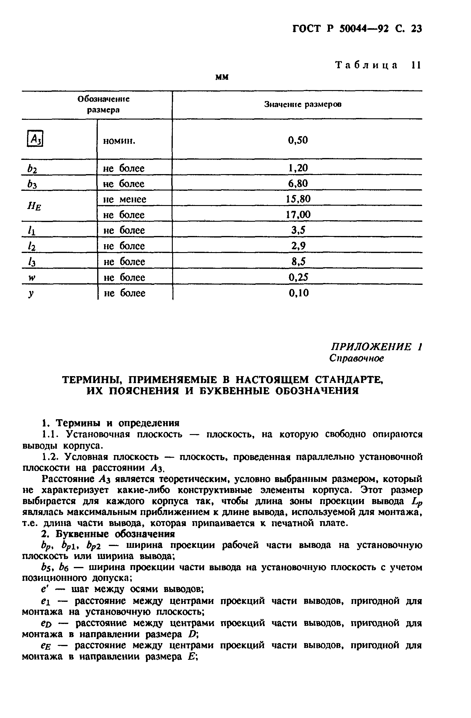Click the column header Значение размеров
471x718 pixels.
[x=302, y=104]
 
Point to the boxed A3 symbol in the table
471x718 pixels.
[x=35, y=139]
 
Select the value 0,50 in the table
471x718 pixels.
[x=298, y=140]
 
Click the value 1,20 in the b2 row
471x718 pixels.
[x=298, y=168]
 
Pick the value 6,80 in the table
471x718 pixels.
[x=298, y=184]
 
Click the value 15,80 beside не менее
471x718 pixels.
[x=298, y=199]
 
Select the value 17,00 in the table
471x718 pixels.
[x=298, y=215]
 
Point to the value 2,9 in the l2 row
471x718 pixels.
[x=298, y=246]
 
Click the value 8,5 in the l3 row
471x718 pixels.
[x=298, y=261]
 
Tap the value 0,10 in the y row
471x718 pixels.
[x=299, y=293]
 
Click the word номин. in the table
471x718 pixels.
[x=119, y=141]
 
